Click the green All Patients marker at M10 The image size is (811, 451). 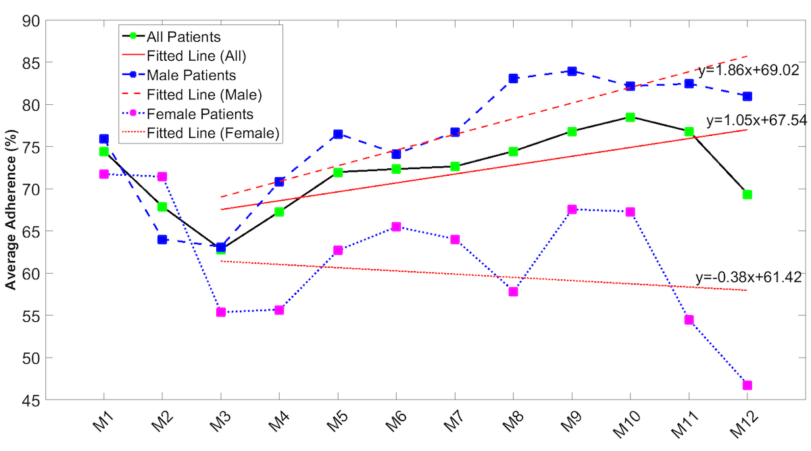[630, 117]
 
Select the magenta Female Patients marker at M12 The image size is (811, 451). [747, 385]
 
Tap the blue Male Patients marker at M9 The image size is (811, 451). [572, 71]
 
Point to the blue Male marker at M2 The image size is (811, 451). [162, 239]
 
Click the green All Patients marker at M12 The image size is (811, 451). [747, 195]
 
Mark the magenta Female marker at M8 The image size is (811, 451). [513, 291]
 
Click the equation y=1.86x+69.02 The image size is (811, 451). [749, 70]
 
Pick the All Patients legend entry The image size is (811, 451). [183, 37]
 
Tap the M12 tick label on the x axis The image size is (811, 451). [742, 426]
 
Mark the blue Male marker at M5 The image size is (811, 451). [337, 135]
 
